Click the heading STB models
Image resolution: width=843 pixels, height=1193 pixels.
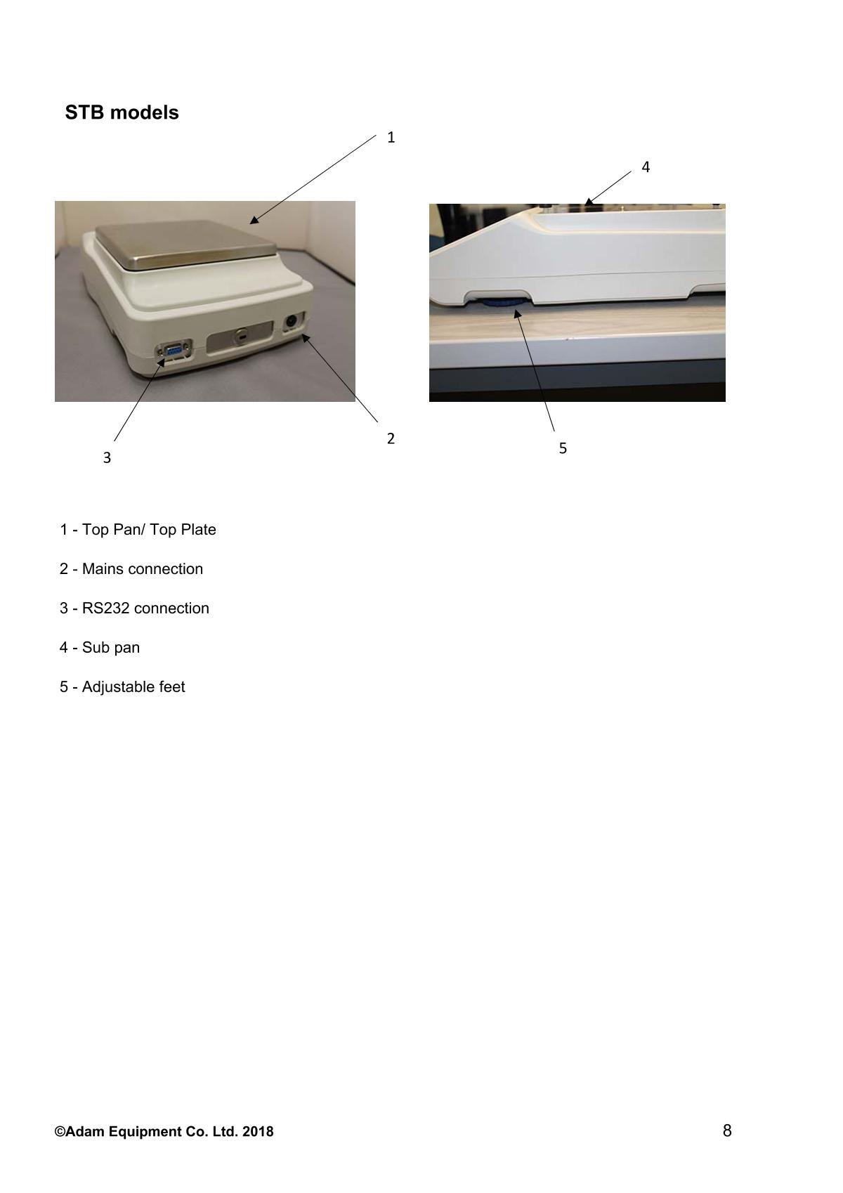pos(122,112)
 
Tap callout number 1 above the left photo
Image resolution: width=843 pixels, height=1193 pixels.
pos(391,138)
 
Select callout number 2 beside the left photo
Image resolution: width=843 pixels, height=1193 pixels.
pos(391,438)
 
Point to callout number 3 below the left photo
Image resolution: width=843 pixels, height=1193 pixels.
pos(107,457)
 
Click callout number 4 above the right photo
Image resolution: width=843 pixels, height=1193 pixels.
pos(646,167)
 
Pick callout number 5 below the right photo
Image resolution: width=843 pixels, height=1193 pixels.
pos(563,448)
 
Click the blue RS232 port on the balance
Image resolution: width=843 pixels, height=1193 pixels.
pos(173,351)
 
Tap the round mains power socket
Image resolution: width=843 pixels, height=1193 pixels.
pos(292,322)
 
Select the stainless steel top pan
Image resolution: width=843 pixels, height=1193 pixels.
pos(186,244)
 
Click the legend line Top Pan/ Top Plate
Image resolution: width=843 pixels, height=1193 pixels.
pos(138,529)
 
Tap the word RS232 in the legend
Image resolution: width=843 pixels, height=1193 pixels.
pos(105,608)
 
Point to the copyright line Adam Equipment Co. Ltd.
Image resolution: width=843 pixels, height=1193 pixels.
pos(164,1132)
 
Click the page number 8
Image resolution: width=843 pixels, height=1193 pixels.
pos(727,1130)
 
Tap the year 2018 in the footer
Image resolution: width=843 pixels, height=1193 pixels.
pos(258,1132)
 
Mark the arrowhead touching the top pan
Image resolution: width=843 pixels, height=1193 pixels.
pos(254,220)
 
